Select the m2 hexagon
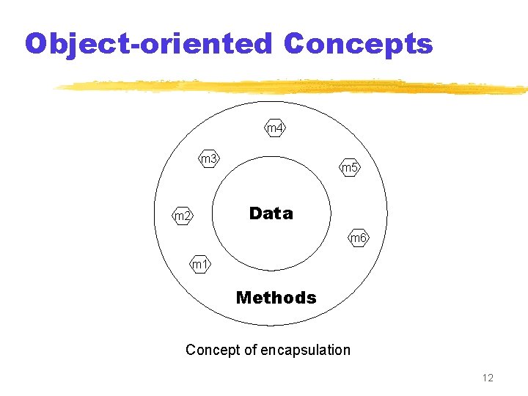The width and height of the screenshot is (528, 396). (183, 216)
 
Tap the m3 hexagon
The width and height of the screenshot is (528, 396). (210, 158)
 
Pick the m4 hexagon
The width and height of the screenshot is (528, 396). (274, 128)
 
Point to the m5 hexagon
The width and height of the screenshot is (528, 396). (350, 168)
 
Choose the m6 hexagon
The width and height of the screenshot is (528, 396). (359, 238)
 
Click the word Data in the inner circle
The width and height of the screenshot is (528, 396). (271, 213)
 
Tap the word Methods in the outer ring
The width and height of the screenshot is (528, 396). (276, 298)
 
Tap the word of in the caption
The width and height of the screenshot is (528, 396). (248, 350)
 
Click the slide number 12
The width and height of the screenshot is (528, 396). (488, 378)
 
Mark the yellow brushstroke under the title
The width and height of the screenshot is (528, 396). (293, 87)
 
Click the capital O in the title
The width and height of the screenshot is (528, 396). (36, 43)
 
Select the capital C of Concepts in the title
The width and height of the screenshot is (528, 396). (295, 43)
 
